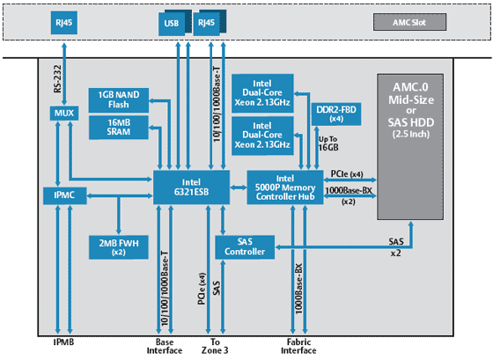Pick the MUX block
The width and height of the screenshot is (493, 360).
62,114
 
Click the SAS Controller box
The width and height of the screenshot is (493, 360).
239,247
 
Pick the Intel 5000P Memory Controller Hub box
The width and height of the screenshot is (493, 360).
285,187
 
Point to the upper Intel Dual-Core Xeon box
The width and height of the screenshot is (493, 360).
261,92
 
